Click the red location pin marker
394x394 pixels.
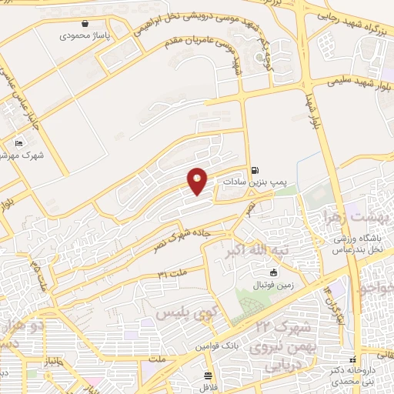pos(198,181)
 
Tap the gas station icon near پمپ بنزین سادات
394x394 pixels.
pos(255,171)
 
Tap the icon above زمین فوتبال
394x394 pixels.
pos(272,272)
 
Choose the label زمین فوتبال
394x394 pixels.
pos(273,284)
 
